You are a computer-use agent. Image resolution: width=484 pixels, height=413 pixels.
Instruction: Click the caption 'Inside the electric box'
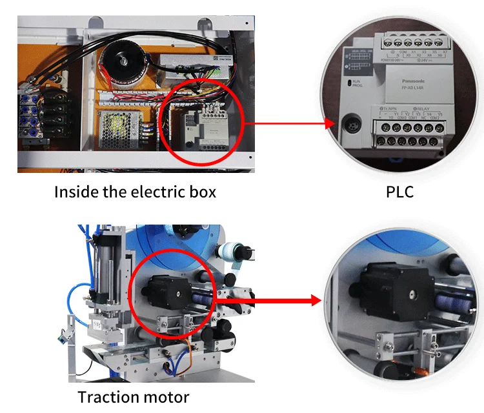[135, 192]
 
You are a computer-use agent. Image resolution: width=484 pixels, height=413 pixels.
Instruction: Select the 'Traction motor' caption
[134, 397]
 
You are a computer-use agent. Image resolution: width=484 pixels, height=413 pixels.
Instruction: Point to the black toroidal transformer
[123, 60]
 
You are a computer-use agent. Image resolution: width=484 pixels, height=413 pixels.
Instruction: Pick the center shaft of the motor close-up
[410, 292]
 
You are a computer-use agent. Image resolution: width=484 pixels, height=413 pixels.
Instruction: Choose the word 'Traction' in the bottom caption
[107, 397]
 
